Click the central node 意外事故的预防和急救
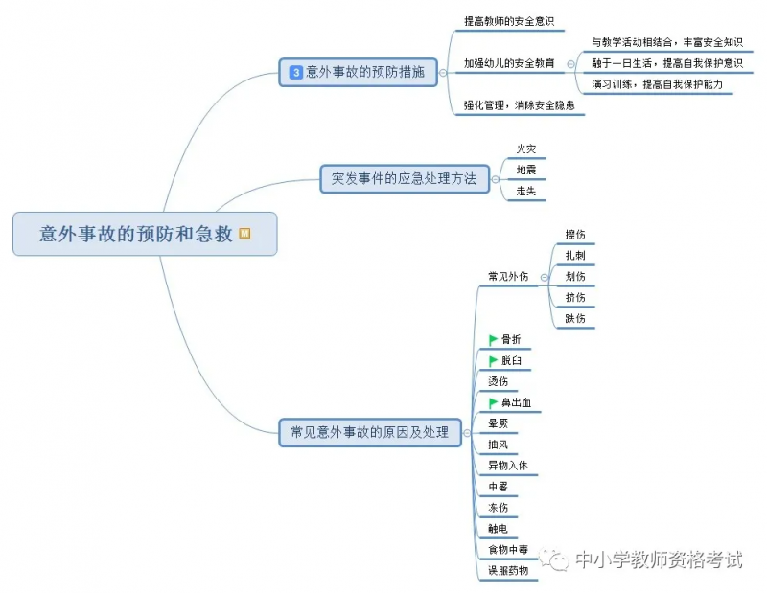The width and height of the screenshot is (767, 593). (145, 234)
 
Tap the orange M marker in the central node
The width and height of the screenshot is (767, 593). (244, 233)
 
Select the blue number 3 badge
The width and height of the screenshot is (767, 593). (296, 73)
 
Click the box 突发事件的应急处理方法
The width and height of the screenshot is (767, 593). (405, 179)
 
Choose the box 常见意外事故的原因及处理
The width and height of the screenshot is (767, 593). (370, 432)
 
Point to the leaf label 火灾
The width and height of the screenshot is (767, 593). (526, 148)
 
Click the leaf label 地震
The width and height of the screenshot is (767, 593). (526, 170)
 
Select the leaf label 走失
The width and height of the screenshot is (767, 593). (526, 192)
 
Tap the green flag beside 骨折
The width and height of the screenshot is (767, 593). (493, 340)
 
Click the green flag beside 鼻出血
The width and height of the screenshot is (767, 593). (493, 402)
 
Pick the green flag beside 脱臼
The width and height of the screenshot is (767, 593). (493, 361)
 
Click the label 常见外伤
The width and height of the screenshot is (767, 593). (508, 276)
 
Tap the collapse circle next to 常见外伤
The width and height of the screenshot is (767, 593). (544, 278)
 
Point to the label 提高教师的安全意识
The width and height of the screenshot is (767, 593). (509, 21)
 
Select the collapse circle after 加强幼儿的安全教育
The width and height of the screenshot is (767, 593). (570, 64)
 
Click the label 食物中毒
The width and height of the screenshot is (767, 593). (508, 550)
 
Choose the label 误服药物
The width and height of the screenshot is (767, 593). (508, 571)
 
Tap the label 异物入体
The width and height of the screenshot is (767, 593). (508, 466)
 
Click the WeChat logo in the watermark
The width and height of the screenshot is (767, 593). (554, 559)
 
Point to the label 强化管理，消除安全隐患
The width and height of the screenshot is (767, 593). (519, 105)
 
